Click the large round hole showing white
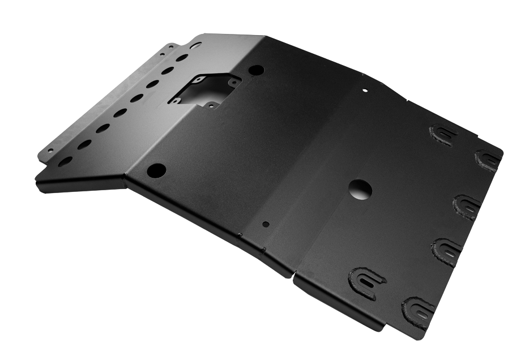(x=360, y=190)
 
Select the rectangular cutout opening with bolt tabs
(x=204, y=89)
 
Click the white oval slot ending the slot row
(x=195, y=45)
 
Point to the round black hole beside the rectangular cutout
(x=256, y=70)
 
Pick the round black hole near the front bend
(x=156, y=169)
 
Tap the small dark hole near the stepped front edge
(x=266, y=224)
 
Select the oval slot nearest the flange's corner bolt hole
(x=66, y=161)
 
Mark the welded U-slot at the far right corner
(x=488, y=160)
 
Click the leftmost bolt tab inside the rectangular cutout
(x=176, y=101)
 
